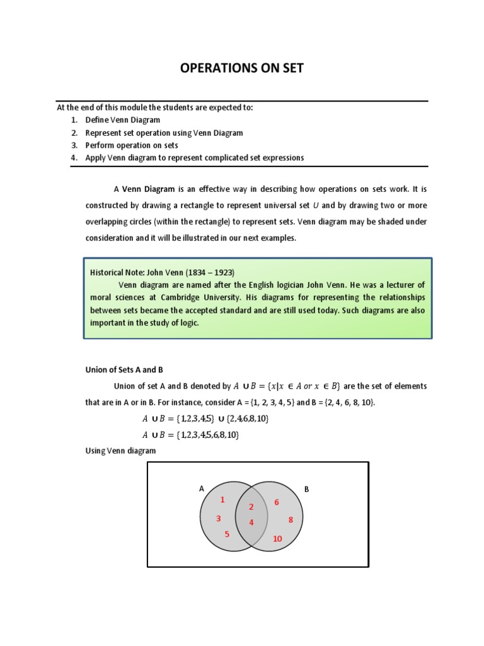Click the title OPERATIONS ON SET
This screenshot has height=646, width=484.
click(x=241, y=68)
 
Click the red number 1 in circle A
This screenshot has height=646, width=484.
click(x=222, y=500)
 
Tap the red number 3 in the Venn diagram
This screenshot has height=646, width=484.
click(x=218, y=519)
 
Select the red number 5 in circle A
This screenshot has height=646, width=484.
click(x=227, y=534)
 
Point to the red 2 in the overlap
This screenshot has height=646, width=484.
click(x=251, y=507)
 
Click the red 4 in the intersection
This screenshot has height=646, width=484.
click(x=251, y=522)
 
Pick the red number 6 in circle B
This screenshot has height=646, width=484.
click(x=276, y=502)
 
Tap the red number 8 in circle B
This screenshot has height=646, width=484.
click(x=291, y=520)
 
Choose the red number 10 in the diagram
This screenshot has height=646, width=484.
click(x=277, y=539)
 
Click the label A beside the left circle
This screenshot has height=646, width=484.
click(x=202, y=488)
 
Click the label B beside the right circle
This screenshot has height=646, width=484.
click(x=307, y=488)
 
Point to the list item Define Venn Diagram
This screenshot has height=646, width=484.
click(x=123, y=120)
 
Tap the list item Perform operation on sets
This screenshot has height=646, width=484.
click(x=132, y=145)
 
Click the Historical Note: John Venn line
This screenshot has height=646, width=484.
click(x=162, y=273)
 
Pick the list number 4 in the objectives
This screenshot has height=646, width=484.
click(x=74, y=158)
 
